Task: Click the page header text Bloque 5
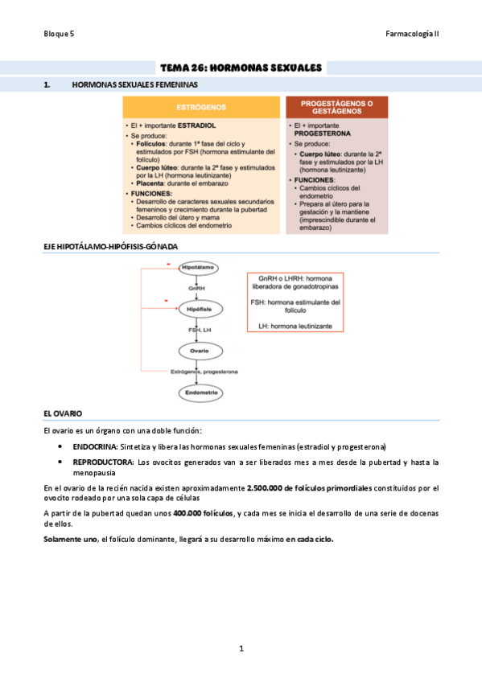click(x=59, y=35)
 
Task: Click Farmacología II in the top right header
click(x=412, y=35)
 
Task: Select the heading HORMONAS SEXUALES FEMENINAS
click(x=135, y=84)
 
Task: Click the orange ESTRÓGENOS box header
click(x=200, y=106)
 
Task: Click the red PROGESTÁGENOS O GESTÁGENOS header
click(x=336, y=108)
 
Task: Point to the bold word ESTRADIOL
click(x=197, y=125)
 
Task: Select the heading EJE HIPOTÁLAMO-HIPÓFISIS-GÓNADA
click(x=110, y=246)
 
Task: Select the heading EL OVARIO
click(x=63, y=413)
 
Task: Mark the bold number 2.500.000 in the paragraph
click(x=270, y=487)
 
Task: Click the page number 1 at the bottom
click(x=241, y=648)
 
